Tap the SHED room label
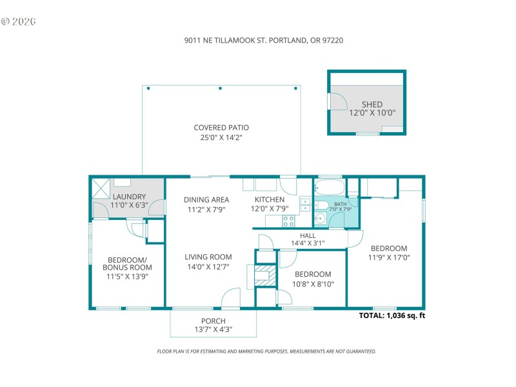372,104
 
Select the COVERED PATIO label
221,128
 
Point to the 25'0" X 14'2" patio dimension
221,137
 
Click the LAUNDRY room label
129,197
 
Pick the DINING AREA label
206,200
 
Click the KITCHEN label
270,200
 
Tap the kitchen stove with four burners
288,221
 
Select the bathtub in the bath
330,189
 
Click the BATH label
339,204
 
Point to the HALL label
307,235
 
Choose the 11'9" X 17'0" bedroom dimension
388,257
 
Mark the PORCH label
212,321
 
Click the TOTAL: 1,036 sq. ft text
392,316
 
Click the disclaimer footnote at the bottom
266,352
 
